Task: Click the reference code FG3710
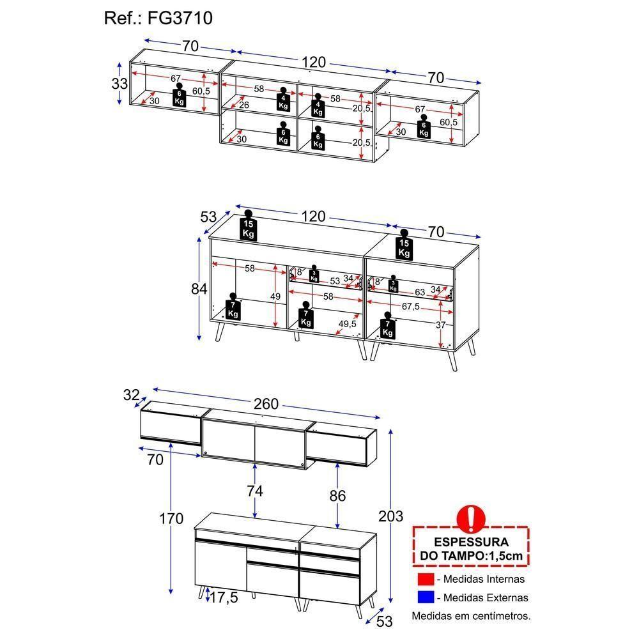click(x=158, y=19)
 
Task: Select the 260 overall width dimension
click(x=266, y=404)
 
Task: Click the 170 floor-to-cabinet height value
click(x=171, y=518)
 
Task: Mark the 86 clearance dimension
click(x=337, y=495)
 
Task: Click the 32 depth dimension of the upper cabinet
click(x=132, y=396)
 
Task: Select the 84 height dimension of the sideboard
click(x=199, y=289)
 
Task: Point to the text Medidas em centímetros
click(x=471, y=617)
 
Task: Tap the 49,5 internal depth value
click(x=347, y=324)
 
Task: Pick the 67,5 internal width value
click(x=412, y=306)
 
